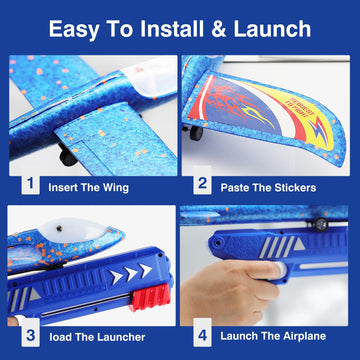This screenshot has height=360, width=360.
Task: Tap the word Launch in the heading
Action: [278, 29]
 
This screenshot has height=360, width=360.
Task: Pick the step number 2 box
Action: [203, 185]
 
